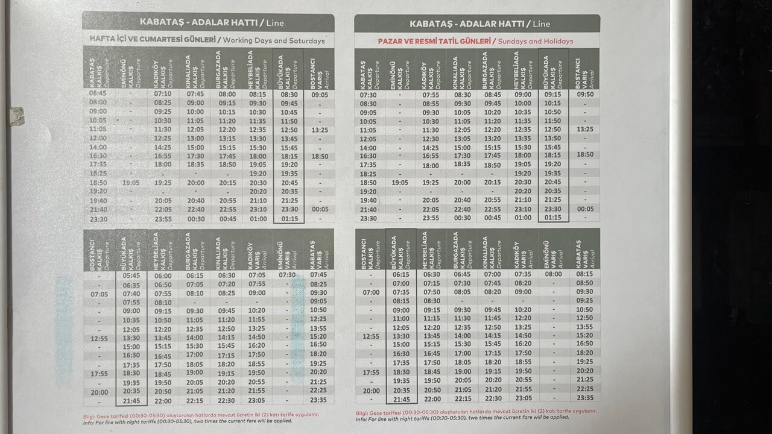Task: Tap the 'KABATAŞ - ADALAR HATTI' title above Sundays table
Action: (476, 24)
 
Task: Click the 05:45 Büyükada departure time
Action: (131, 275)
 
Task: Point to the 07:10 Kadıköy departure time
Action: (163, 93)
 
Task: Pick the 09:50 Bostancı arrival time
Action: (584, 94)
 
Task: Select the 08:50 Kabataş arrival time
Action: (584, 283)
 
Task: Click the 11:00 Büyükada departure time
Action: (400, 318)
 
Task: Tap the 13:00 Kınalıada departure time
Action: (195, 138)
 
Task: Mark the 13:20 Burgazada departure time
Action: (492, 139)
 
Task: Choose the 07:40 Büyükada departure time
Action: (131, 294)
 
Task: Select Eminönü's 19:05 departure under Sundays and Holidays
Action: (400, 183)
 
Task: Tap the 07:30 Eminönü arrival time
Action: (288, 275)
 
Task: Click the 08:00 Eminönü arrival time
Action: (553, 274)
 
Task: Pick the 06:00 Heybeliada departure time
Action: (163, 275)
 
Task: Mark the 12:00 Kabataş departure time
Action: (98, 138)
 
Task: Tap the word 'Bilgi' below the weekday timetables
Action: (92, 415)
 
